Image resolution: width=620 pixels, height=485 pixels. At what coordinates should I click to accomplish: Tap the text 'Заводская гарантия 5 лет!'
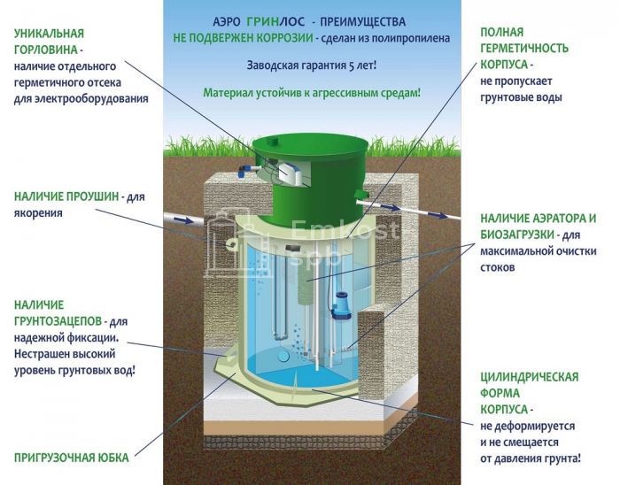pyautogui.click(x=310, y=65)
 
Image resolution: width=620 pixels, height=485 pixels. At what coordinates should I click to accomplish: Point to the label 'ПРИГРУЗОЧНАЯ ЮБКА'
pyautogui.click(x=71, y=458)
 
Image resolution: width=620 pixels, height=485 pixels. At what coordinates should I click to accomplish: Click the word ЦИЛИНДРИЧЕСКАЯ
pyautogui.click(x=531, y=376)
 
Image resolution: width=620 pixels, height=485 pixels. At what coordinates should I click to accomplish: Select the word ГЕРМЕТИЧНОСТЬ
pyautogui.click(x=524, y=49)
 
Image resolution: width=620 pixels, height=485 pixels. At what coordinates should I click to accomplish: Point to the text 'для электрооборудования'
pyautogui.click(x=81, y=98)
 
